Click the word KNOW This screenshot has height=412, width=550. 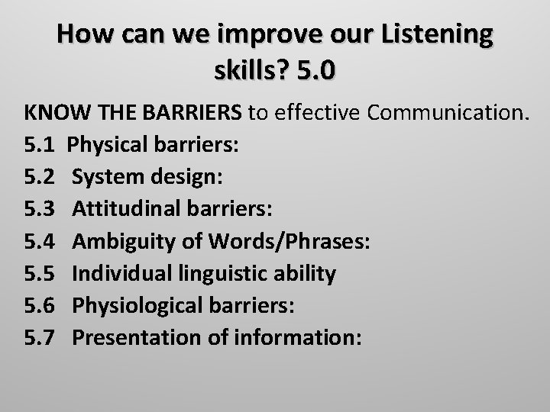point(50,114)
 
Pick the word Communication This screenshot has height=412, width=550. point(448,114)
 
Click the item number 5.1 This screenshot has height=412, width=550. point(40,145)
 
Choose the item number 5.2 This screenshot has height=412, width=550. point(40,177)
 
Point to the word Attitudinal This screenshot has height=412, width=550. point(124,209)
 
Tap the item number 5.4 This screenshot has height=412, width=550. point(40,242)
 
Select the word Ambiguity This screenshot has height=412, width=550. point(121,242)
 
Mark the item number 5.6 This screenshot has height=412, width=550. point(40,306)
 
